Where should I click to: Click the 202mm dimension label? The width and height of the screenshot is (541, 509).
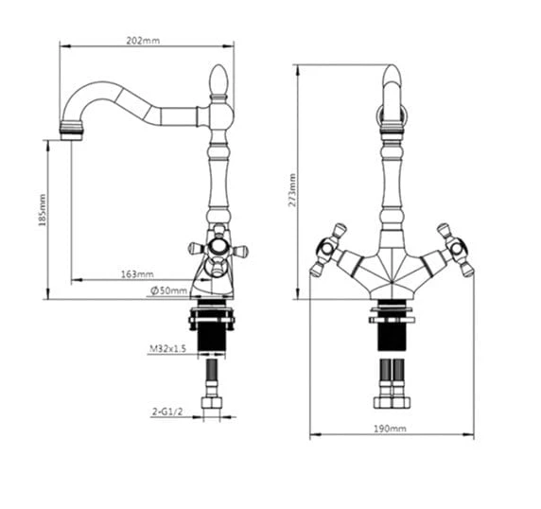143,41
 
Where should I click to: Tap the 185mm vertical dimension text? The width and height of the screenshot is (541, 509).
43,210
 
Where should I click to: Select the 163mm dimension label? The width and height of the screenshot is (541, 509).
137,274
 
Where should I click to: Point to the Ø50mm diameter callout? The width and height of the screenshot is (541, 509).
168,290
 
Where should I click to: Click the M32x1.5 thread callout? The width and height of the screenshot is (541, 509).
167,348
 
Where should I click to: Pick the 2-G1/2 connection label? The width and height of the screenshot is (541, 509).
167,412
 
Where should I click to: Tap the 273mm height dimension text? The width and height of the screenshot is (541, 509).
292,190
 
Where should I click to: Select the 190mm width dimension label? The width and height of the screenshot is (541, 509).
391,429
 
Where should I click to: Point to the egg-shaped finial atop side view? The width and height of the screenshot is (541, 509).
219,80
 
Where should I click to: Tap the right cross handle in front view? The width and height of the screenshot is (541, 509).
456,250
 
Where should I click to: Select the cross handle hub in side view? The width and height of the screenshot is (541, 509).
218,247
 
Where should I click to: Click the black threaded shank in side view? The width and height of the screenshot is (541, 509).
211,337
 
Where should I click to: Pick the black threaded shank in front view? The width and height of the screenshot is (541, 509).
392,337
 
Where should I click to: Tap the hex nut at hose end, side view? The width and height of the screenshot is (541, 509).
211,403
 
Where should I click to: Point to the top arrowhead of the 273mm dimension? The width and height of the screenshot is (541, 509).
298,70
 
